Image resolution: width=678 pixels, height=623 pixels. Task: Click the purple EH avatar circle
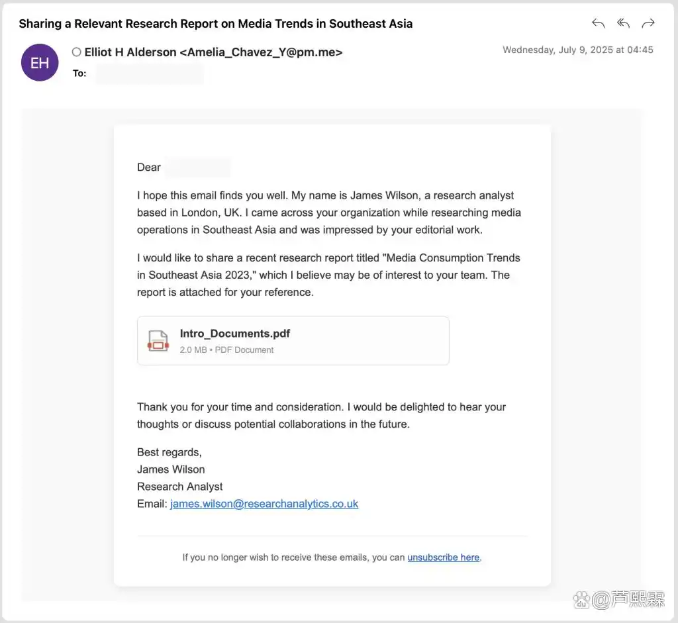tap(40, 62)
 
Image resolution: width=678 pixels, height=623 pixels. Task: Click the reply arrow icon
tap(599, 24)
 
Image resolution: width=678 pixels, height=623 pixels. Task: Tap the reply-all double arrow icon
tap(623, 24)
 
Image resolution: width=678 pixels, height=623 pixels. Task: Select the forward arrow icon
tap(648, 24)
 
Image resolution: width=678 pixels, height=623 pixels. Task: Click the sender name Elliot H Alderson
tap(130, 52)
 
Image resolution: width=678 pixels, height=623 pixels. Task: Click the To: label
tap(79, 73)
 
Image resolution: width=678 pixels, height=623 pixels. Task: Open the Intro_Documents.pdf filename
tap(235, 334)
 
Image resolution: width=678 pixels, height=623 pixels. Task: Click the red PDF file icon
tap(158, 341)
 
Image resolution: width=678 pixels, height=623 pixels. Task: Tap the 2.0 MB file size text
tap(193, 350)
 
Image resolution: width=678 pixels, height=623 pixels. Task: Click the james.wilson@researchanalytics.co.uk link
tap(264, 504)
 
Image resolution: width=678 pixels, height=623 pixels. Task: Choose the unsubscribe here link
tap(444, 557)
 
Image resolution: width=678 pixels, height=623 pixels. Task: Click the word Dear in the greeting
tap(149, 168)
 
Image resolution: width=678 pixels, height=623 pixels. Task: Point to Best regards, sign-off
tap(169, 452)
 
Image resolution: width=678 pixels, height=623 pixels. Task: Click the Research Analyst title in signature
tap(180, 487)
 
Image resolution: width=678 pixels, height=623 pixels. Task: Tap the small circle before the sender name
tap(77, 52)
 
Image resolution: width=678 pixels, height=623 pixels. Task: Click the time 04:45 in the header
tap(640, 50)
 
